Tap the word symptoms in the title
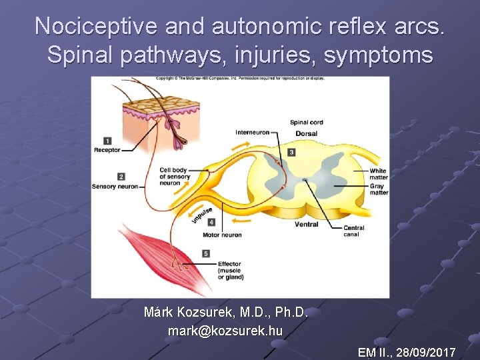click(x=379, y=55)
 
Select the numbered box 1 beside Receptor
click(x=107, y=141)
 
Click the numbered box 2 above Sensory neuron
click(x=121, y=176)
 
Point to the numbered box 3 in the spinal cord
click(x=291, y=152)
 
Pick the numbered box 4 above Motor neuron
click(x=211, y=222)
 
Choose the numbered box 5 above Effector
click(x=206, y=253)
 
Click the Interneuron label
click(x=252, y=132)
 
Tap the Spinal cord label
click(x=306, y=123)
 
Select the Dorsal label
click(x=306, y=134)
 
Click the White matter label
click(x=378, y=174)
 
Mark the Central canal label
click(x=351, y=231)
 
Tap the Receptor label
click(x=107, y=150)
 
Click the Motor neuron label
click(x=222, y=235)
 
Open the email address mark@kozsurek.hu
click(x=225, y=331)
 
